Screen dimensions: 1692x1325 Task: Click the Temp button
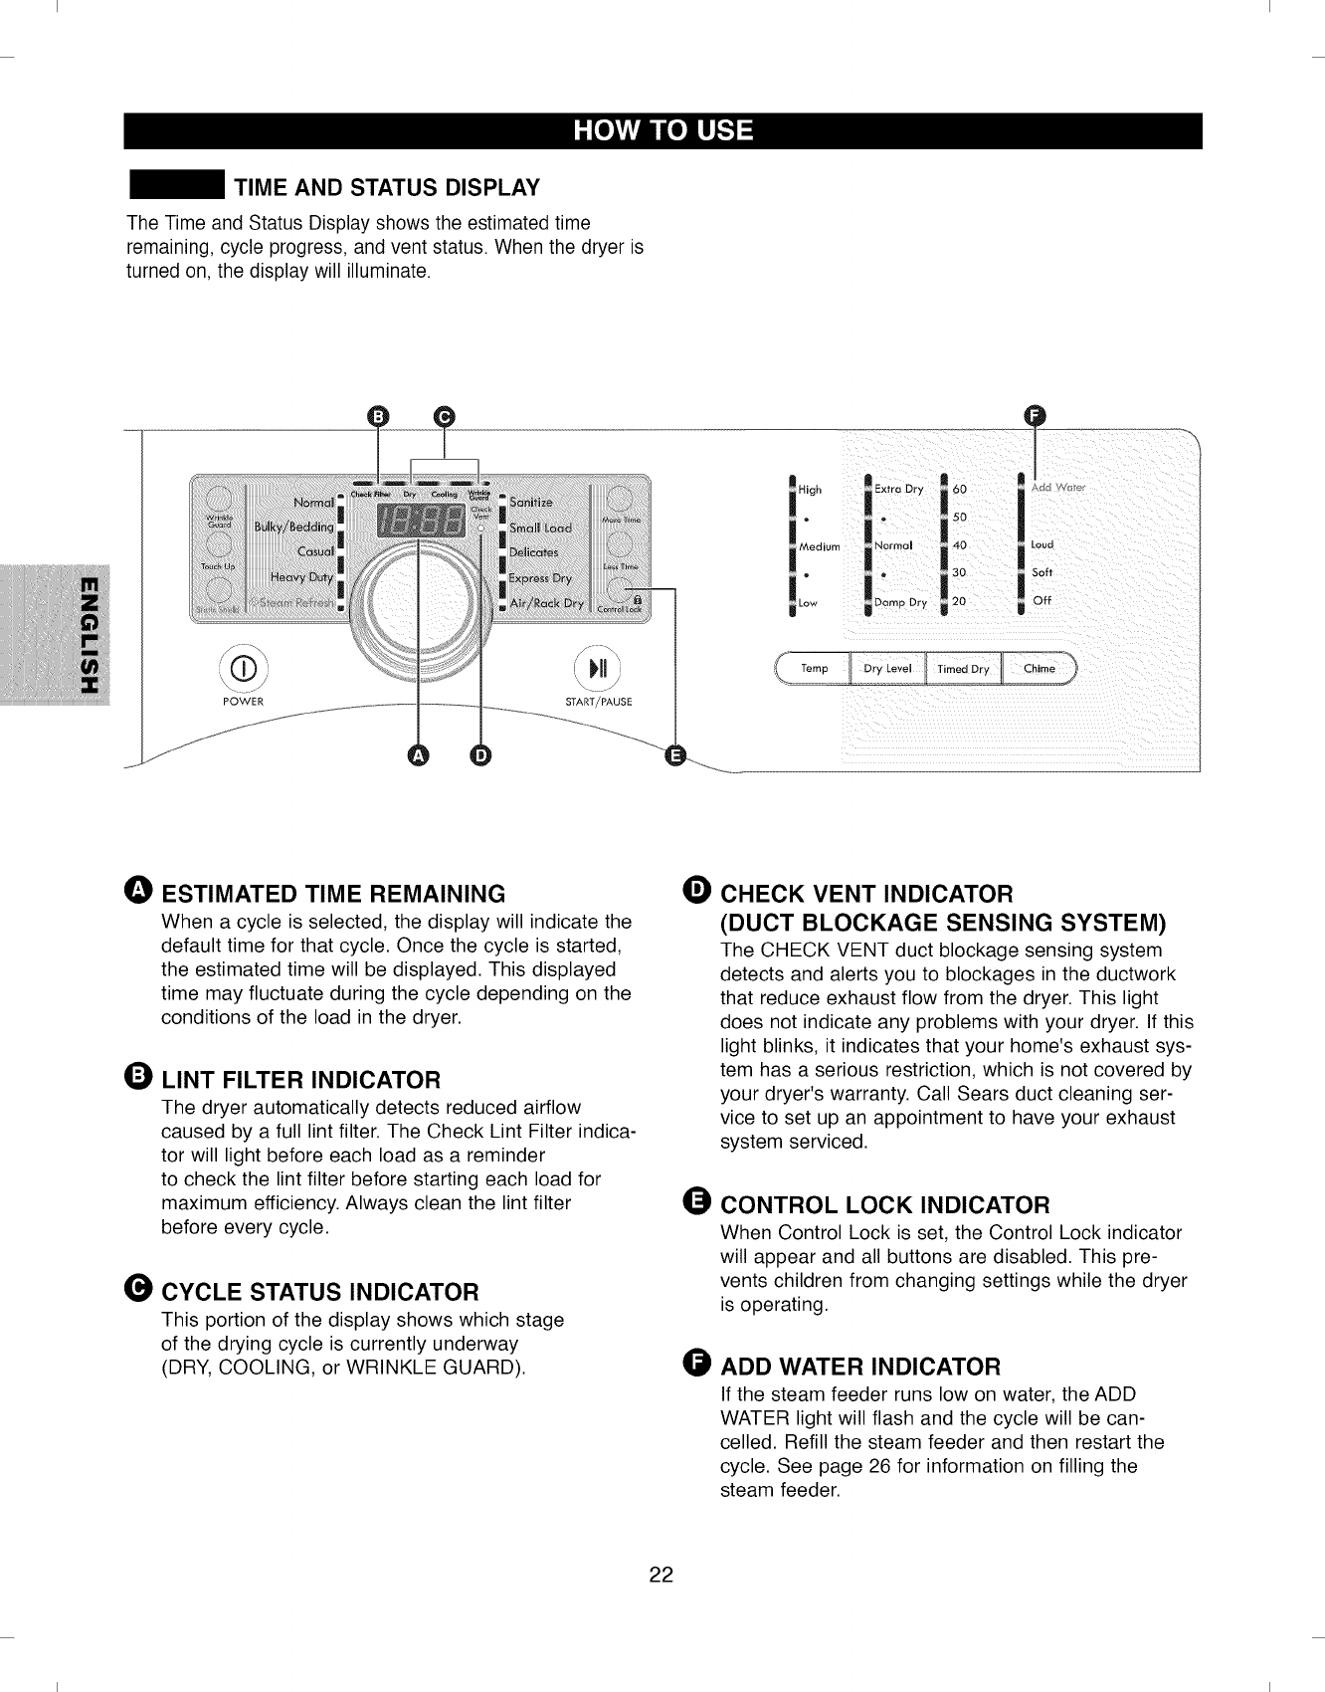click(x=814, y=669)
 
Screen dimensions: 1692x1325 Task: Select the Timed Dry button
click(x=963, y=669)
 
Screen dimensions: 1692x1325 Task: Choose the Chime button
click(x=1039, y=669)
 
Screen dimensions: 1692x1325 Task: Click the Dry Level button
click(x=887, y=669)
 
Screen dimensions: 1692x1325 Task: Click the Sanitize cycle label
click(x=530, y=503)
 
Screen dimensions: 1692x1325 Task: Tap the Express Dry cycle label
click(x=540, y=578)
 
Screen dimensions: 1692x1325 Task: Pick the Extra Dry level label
click(x=899, y=489)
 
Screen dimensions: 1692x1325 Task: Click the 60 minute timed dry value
click(x=959, y=490)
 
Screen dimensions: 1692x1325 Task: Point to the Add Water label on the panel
click(x=1057, y=488)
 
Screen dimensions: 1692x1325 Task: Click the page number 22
click(x=662, y=1575)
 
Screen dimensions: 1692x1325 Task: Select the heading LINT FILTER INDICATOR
click(x=300, y=1080)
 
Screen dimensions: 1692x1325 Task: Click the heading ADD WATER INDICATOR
click(x=860, y=1366)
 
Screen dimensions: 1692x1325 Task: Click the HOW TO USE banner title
click(x=662, y=131)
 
